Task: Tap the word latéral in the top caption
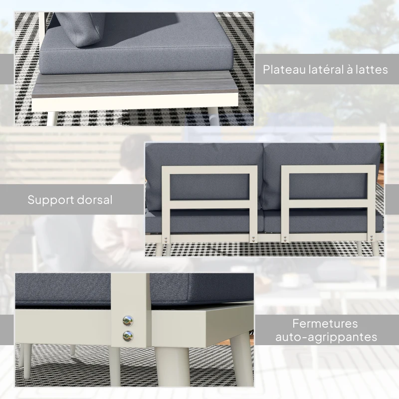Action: click(325, 70)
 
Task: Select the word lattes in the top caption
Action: click(371, 70)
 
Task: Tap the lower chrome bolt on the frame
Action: click(128, 335)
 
